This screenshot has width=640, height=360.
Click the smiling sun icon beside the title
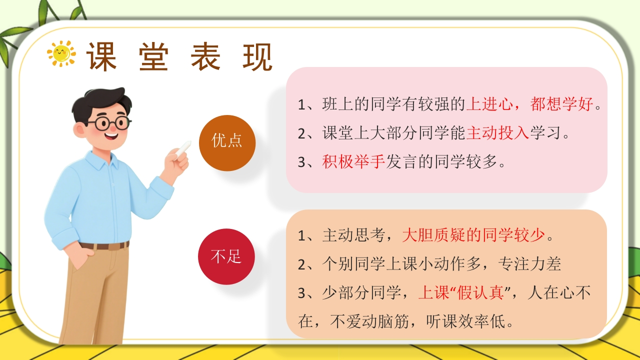click(61, 53)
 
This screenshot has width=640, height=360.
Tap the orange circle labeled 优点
click(227, 143)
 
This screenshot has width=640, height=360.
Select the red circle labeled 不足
click(226, 256)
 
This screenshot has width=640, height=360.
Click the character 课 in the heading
click(101, 56)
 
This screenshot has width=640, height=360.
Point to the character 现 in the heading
click(257, 56)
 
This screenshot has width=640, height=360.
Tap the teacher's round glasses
click(110, 123)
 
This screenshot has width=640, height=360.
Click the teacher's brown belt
click(105, 245)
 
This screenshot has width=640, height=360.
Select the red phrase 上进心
click(489, 103)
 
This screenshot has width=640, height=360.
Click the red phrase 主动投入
click(497, 133)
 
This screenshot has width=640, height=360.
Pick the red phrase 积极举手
click(353, 161)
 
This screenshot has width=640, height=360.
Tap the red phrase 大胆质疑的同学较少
click(473, 235)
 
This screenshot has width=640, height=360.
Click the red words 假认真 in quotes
click(480, 292)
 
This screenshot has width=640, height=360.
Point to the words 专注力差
click(529, 264)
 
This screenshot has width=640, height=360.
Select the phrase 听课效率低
click(465, 321)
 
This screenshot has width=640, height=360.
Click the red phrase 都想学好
click(561, 103)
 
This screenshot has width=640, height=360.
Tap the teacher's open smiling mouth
click(112, 136)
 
